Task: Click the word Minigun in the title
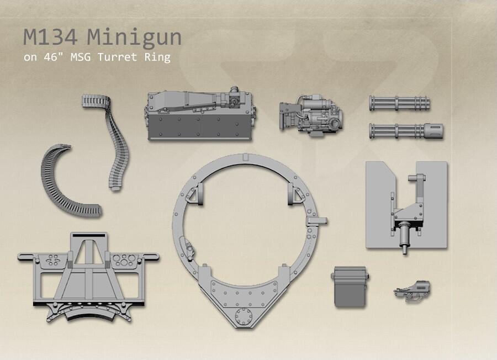134,38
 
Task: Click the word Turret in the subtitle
117,57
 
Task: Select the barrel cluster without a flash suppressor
399,103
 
